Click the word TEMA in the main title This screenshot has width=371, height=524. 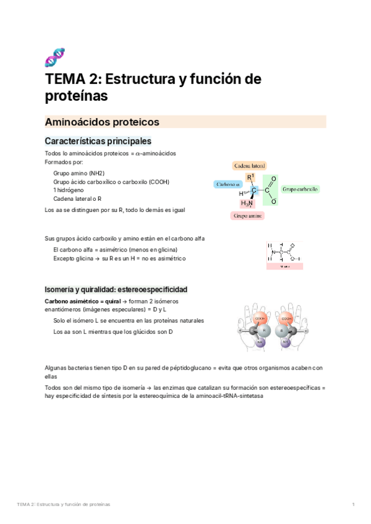[65, 79]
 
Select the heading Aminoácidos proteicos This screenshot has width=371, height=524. [102, 122]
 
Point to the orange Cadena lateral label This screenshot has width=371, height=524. [250, 166]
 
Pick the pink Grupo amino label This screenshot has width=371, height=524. [247, 216]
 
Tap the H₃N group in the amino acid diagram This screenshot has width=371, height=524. [246, 203]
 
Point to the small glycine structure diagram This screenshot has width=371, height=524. [284, 253]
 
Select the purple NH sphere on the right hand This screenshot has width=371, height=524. [286, 342]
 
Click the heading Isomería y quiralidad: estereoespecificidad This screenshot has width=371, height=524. [116, 289]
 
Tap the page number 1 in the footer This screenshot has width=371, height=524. [352, 505]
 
